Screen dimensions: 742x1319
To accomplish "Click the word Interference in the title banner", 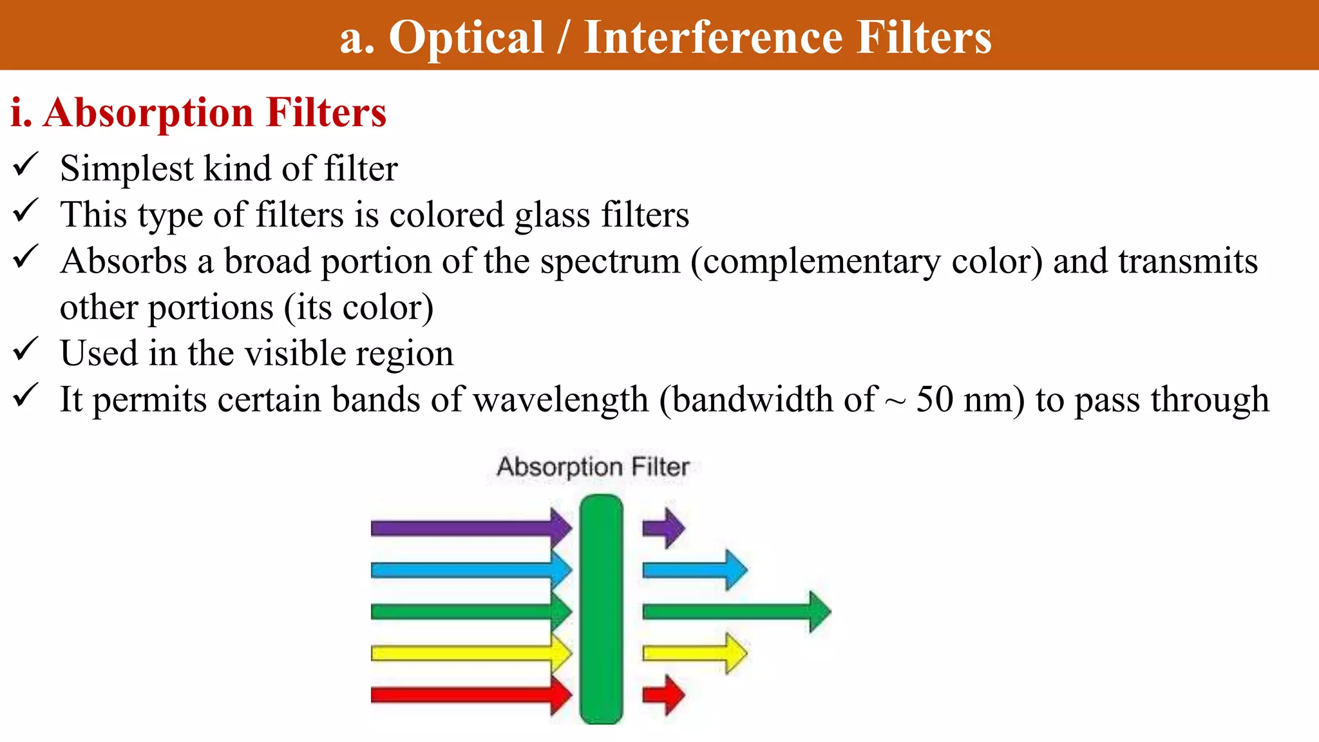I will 712,37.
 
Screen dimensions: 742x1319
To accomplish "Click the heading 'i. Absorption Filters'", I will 198,113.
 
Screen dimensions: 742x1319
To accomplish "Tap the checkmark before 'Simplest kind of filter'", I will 26,165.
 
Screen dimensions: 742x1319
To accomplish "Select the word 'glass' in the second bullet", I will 552,215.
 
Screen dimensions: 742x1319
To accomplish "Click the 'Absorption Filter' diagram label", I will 593,466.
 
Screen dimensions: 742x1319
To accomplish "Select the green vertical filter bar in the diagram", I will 601,609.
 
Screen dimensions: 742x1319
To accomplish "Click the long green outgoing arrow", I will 734,611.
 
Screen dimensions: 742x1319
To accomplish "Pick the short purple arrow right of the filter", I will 663,528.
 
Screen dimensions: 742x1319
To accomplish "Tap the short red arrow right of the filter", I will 663,695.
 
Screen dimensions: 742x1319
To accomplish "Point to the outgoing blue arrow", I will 694,570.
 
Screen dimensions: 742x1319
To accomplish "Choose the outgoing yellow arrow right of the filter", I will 694,653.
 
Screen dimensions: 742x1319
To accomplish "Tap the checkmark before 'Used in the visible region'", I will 26,350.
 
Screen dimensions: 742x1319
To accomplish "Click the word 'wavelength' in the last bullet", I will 560,399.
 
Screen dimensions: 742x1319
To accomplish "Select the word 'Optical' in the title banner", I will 466,37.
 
